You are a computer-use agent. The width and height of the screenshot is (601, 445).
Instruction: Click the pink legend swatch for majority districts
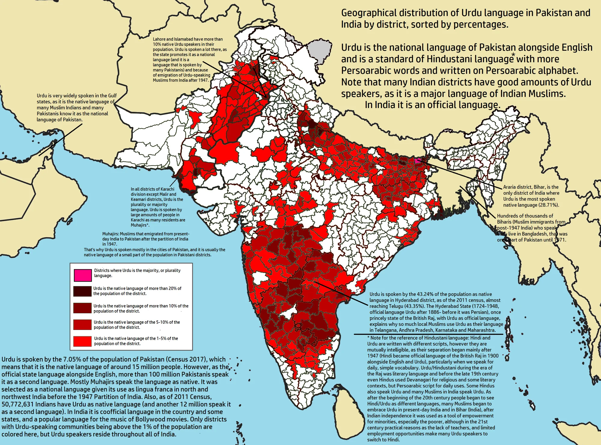(83, 275)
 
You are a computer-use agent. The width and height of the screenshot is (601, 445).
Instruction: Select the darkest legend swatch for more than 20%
(83, 291)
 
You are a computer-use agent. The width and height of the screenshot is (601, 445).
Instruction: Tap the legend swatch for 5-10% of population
(83, 325)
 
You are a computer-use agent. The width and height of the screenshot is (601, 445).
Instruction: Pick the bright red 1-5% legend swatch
(83, 341)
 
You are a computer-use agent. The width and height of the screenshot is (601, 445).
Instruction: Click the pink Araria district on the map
(417, 160)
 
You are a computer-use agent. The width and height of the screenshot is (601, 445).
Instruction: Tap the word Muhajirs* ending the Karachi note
(140, 225)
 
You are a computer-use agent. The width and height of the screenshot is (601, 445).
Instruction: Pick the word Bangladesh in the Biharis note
(535, 234)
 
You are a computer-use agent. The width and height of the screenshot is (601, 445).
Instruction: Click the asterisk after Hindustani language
(513, 55)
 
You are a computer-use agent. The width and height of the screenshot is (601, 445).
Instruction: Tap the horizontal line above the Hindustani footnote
(428, 334)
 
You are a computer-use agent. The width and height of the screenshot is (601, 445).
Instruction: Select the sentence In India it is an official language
(433, 105)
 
